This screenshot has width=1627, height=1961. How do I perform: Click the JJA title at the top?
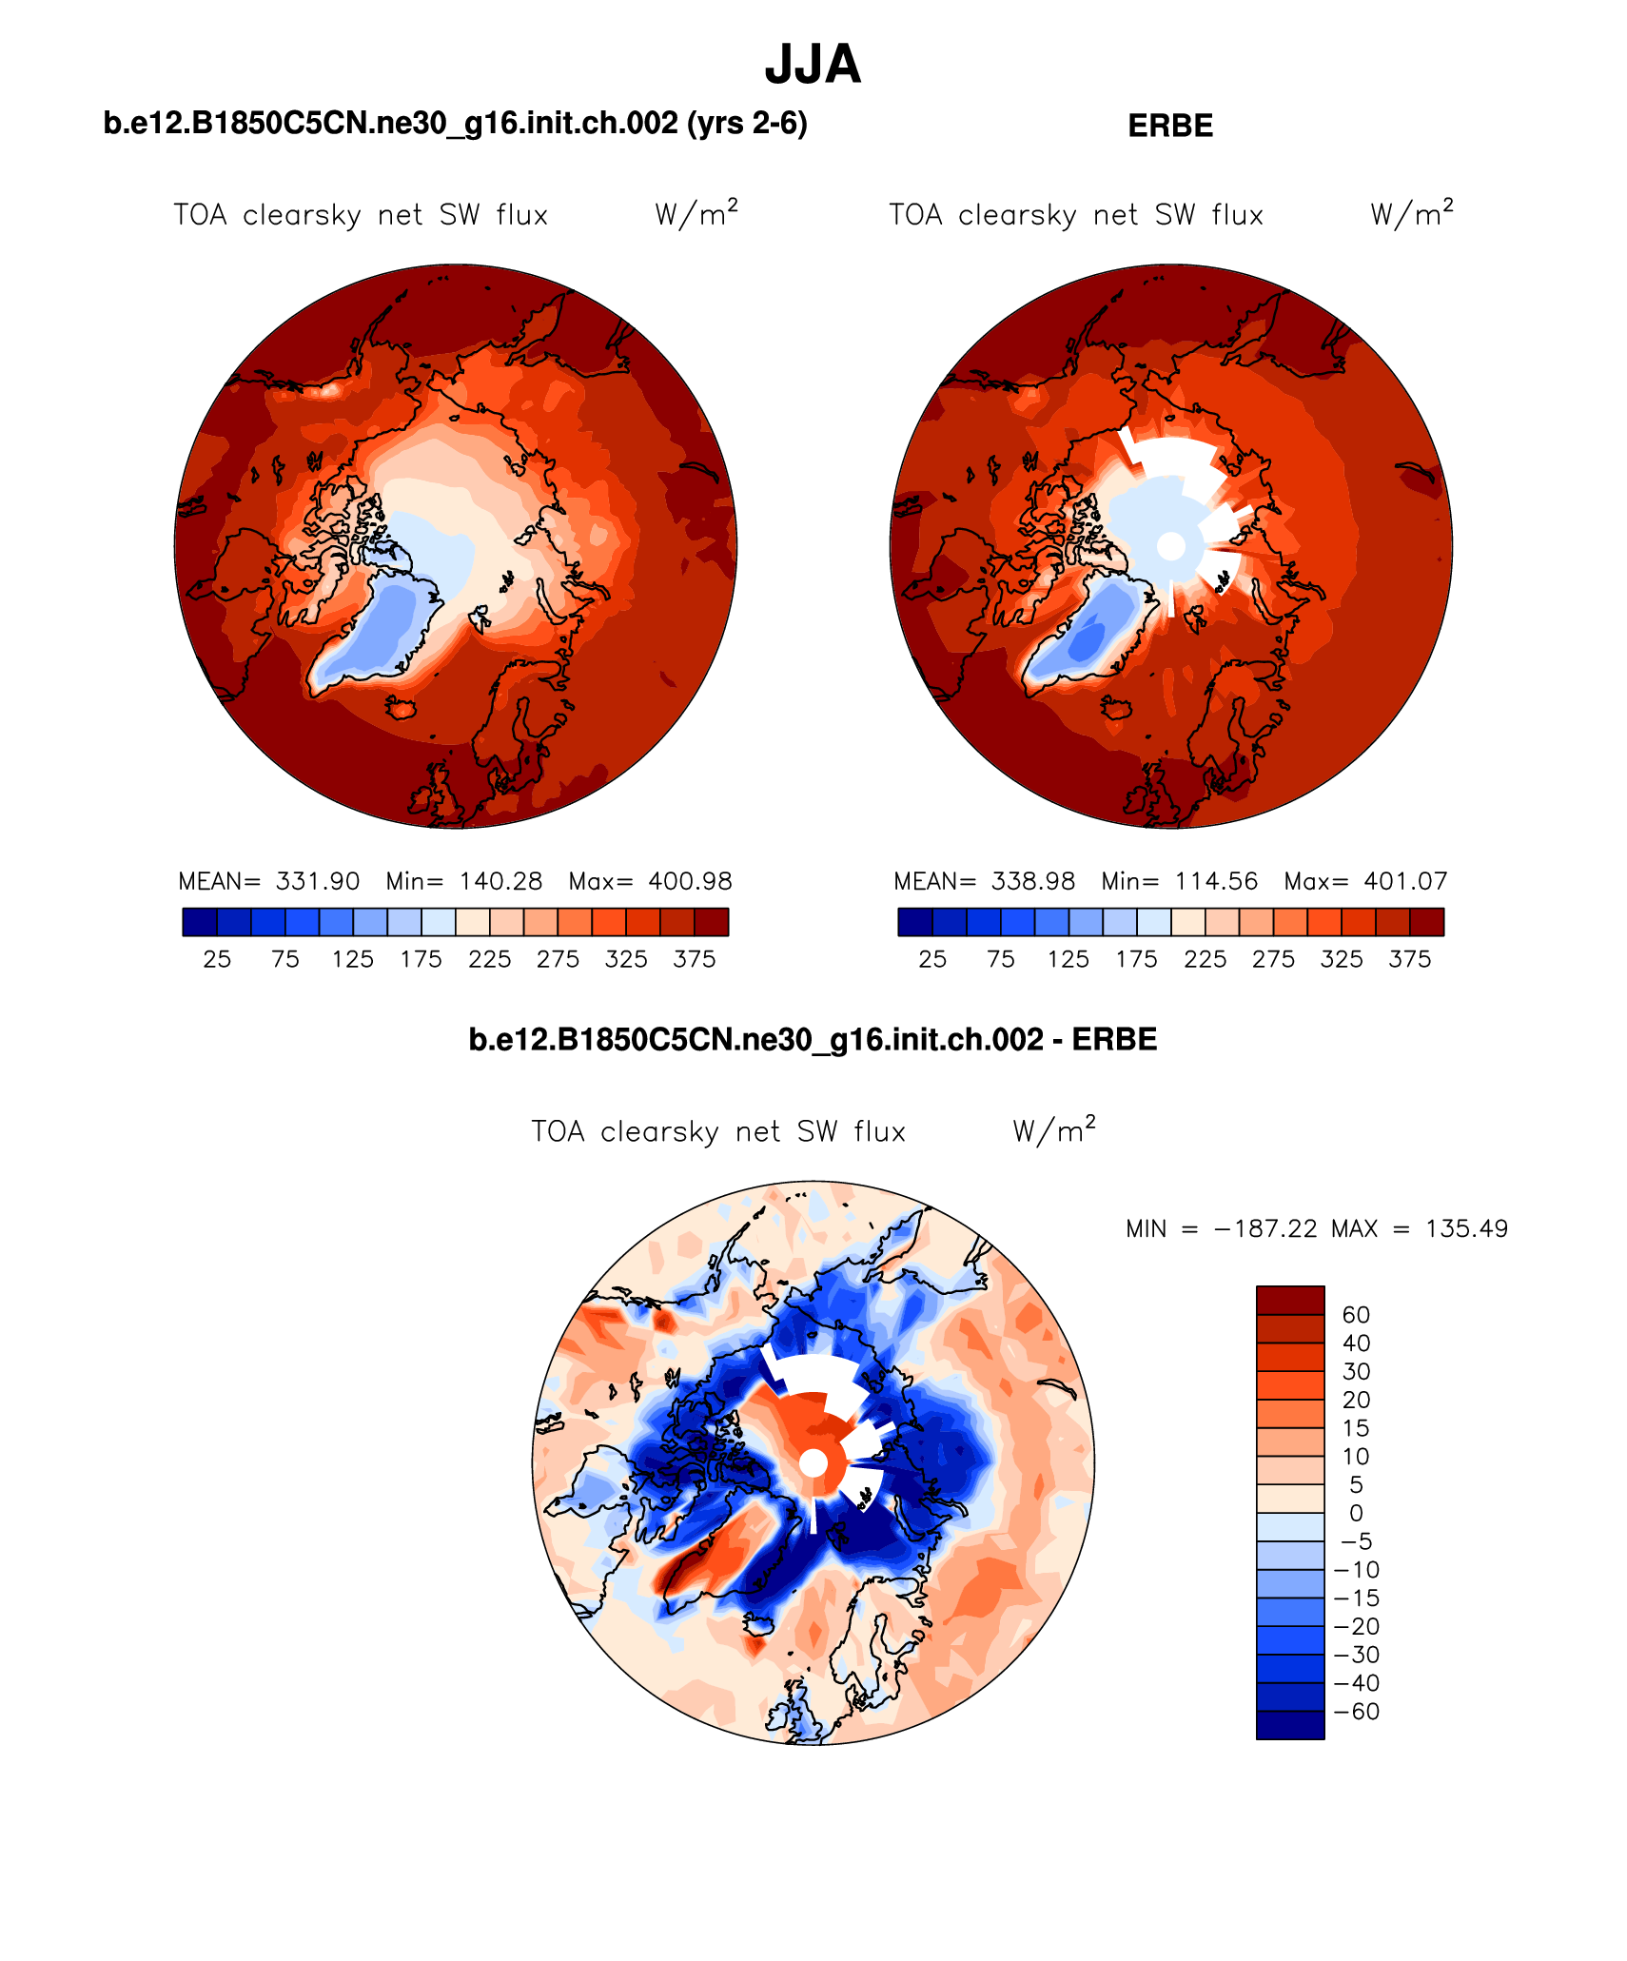(x=813, y=65)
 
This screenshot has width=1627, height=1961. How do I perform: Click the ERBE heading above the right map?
(x=1169, y=127)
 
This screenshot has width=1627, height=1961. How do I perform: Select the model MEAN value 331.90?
(x=318, y=881)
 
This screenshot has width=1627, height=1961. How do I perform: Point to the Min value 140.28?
(x=500, y=881)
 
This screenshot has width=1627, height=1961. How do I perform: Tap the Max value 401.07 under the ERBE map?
(x=1405, y=881)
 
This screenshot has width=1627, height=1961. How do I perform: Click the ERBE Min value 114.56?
(x=1216, y=881)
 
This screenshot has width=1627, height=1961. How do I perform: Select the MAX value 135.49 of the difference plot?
(x=1466, y=1228)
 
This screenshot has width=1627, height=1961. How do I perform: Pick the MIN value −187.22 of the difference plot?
(x=1265, y=1228)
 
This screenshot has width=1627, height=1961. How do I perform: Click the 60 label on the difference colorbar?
(x=1356, y=1315)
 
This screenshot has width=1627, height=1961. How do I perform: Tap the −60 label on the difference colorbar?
(x=1357, y=1712)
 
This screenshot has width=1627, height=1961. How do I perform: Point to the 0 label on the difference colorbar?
(x=1356, y=1513)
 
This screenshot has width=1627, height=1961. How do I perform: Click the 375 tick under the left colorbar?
(x=694, y=959)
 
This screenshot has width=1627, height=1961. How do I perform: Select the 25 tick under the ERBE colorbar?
(x=932, y=959)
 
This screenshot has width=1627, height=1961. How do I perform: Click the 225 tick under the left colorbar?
(x=489, y=959)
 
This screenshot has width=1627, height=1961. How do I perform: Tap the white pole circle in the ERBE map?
(x=1171, y=546)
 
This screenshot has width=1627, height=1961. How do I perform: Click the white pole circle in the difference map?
(x=813, y=1463)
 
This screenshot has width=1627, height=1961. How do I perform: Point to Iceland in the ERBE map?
(x=1116, y=709)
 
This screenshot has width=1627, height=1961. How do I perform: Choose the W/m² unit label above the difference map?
(x=1054, y=1130)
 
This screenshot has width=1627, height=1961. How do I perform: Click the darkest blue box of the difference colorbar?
(x=1290, y=1725)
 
